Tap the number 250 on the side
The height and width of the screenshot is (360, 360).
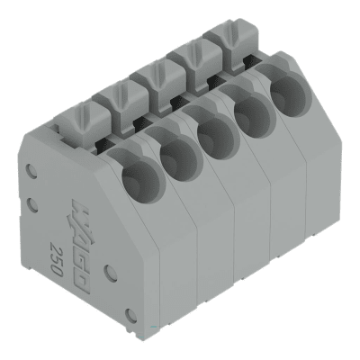tap(57, 254)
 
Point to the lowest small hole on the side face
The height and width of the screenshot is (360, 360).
tap(130, 312)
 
